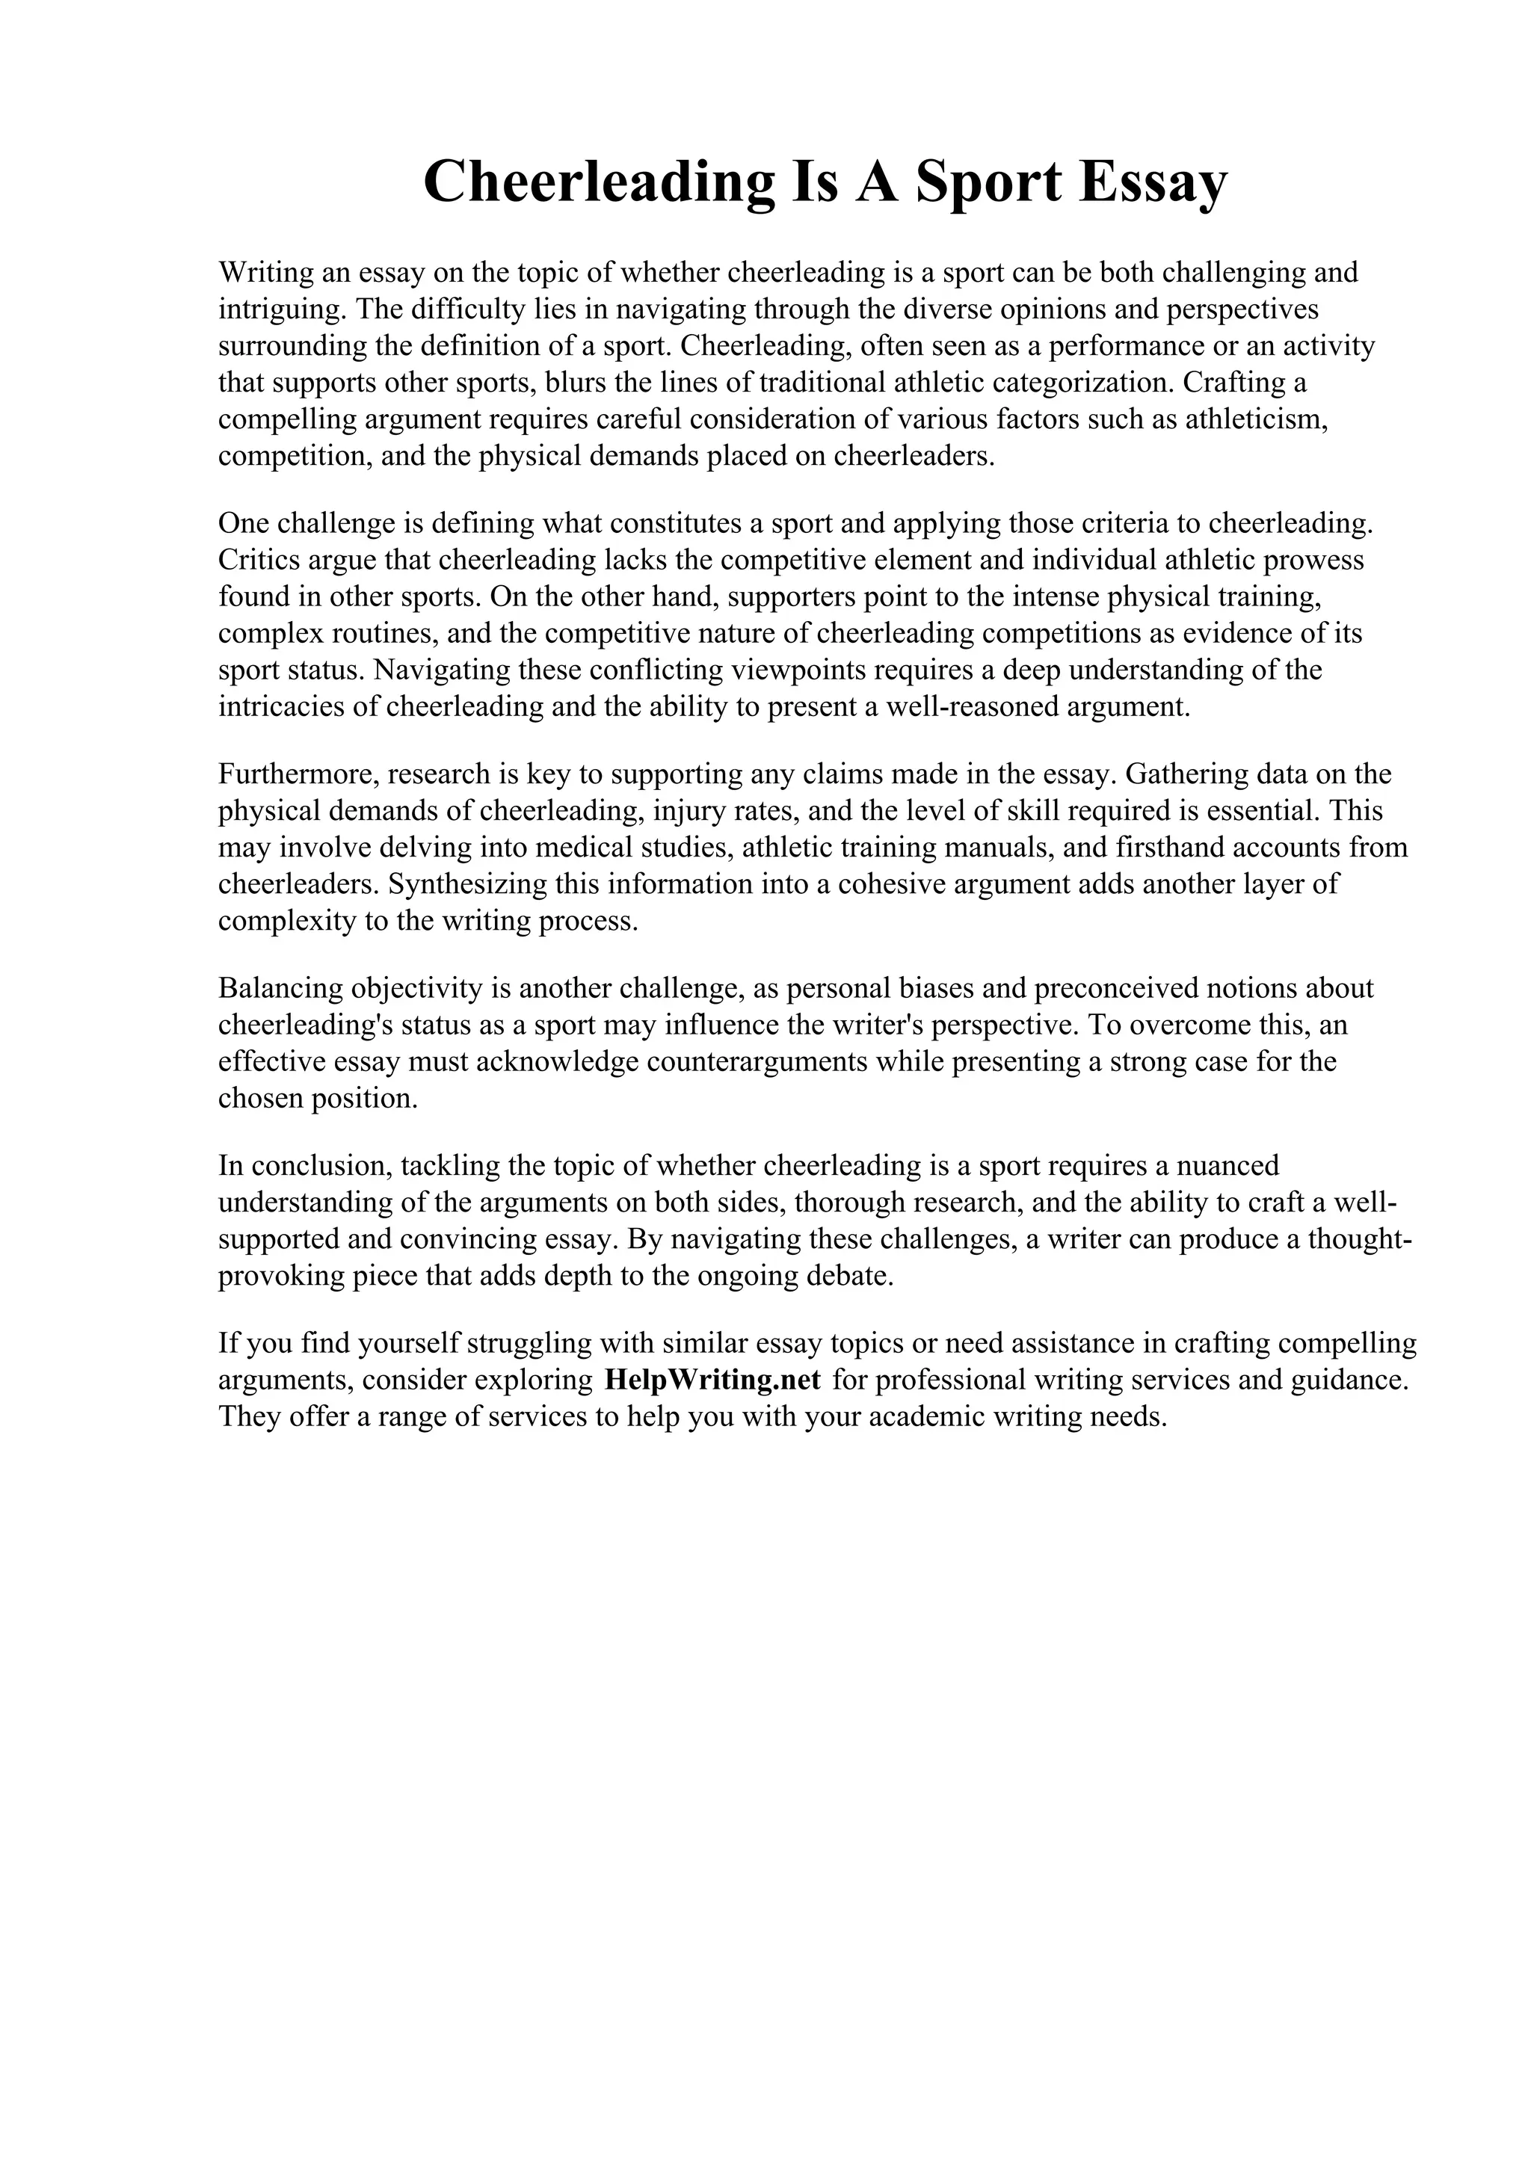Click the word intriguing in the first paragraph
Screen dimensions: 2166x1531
(x=281, y=309)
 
